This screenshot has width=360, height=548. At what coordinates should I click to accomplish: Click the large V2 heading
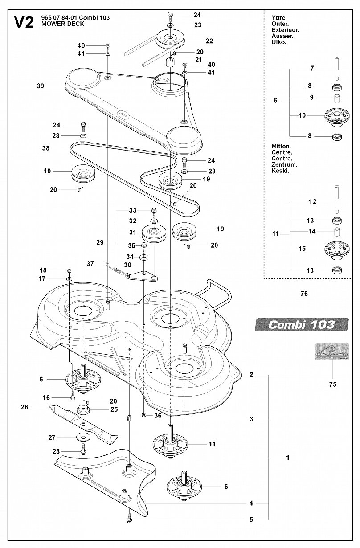point(24,23)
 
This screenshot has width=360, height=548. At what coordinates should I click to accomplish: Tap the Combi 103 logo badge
point(302,325)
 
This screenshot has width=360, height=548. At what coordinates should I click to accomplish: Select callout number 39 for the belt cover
point(41,86)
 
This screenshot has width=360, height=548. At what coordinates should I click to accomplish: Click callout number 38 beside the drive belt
point(46,148)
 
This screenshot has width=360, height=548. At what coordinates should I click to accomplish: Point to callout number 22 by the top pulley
point(209,41)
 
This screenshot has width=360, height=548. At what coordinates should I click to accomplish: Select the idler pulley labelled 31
point(154,233)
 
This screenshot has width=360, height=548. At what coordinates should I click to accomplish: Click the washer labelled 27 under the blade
point(83,437)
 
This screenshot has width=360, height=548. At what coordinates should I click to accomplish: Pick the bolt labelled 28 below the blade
point(83,450)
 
